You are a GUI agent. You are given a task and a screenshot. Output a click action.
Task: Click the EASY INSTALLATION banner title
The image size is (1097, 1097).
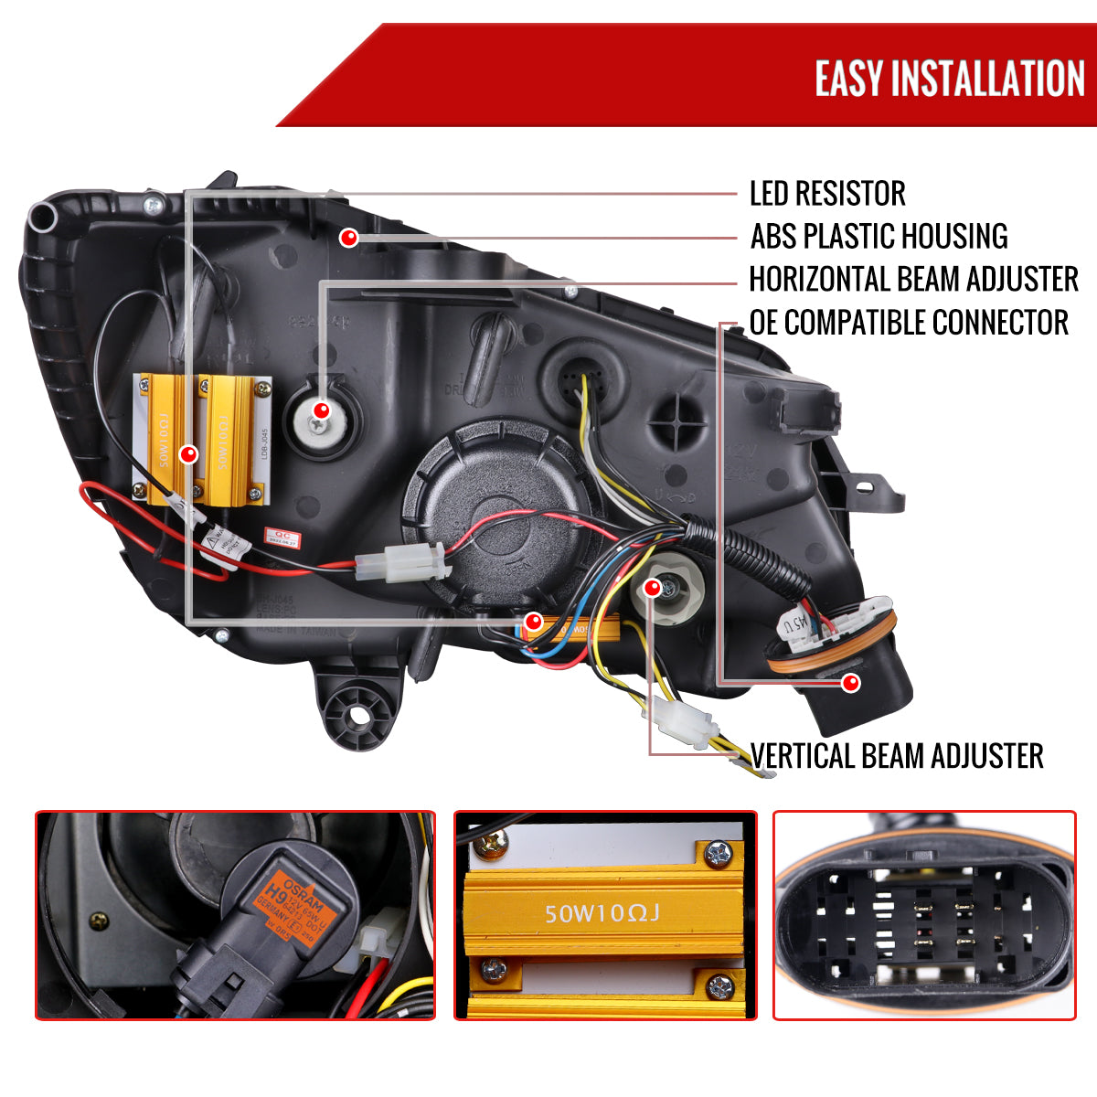tap(949, 79)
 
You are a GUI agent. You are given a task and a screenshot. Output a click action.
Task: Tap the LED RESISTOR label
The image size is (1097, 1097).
tap(827, 194)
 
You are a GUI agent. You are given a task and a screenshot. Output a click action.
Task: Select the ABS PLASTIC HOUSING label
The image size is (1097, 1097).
tap(879, 236)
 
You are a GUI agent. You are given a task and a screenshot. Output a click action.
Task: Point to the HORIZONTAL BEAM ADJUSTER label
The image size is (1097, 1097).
tap(913, 279)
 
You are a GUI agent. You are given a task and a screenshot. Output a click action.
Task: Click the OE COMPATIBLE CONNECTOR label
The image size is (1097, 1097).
tap(909, 322)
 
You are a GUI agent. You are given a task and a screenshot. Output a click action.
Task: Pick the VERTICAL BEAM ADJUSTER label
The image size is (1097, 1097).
tap(897, 756)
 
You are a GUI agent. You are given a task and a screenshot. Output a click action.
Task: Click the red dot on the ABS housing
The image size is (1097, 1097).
tap(348, 238)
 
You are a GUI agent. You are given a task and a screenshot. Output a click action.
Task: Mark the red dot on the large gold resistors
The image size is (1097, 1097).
tap(189, 453)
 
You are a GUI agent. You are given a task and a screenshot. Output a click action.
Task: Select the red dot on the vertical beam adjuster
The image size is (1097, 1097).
tap(652, 588)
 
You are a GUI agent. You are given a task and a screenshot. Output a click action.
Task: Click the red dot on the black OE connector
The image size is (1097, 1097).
tap(851, 681)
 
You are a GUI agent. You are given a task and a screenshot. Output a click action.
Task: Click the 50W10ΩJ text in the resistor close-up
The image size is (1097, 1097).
tap(602, 912)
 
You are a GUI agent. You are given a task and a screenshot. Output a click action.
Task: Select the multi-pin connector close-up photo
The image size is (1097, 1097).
tap(923, 915)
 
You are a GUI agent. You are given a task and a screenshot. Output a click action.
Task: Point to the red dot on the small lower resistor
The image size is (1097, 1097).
tap(534, 623)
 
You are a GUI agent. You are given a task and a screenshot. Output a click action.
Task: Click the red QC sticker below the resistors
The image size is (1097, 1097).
tap(277, 536)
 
